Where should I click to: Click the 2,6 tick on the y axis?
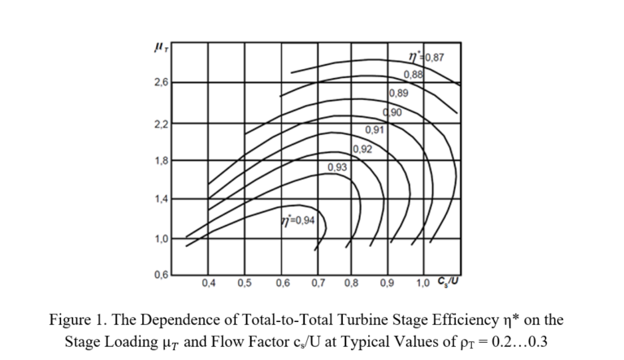[x=160, y=84]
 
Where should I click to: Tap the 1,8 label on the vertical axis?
[x=160, y=161]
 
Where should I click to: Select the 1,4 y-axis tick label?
[x=160, y=200]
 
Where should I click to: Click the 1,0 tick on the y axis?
[x=160, y=239]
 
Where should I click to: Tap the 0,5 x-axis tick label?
[x=243, y=284]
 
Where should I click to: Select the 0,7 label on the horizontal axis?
[x=317, y=284]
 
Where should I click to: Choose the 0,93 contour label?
[x=337, y=167]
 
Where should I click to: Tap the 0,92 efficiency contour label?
[x=363, y=149]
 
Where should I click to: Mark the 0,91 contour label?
[x=375, y=131]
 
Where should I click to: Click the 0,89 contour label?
[x=399, y=93]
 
